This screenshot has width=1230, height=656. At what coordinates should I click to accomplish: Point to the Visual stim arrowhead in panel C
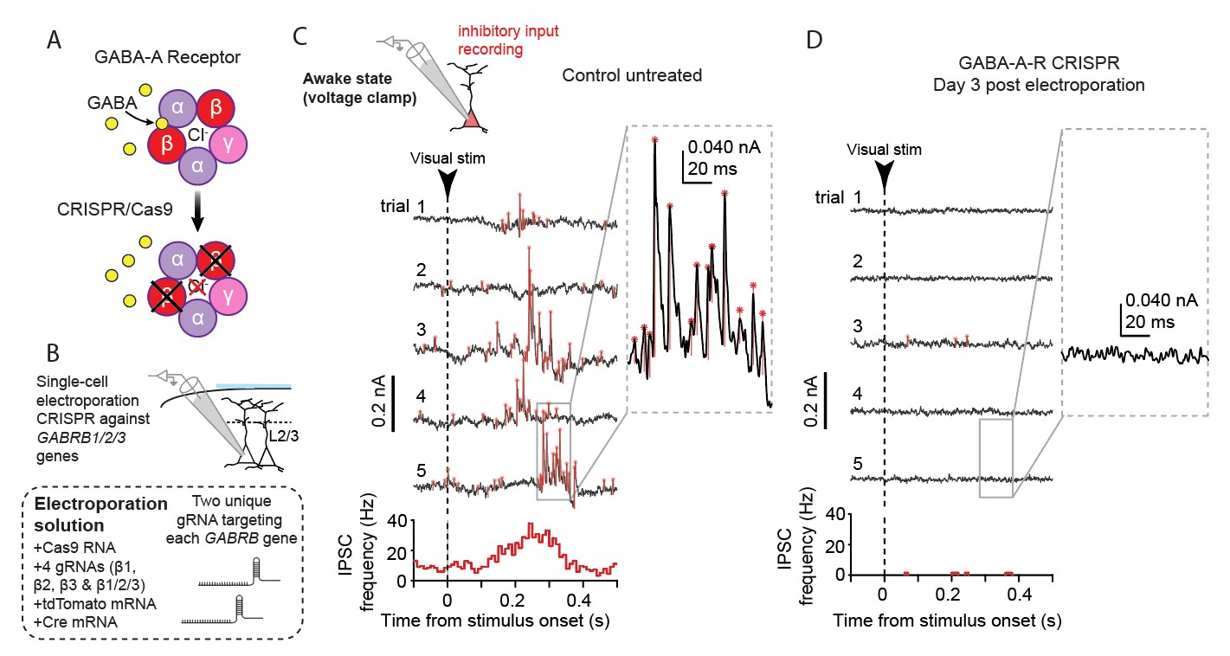click(x=447, y=183)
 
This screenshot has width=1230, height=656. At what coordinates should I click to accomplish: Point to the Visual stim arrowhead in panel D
click(x=884, y=177)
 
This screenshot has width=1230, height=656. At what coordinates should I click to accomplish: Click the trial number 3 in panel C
click(x=421, y=331)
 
